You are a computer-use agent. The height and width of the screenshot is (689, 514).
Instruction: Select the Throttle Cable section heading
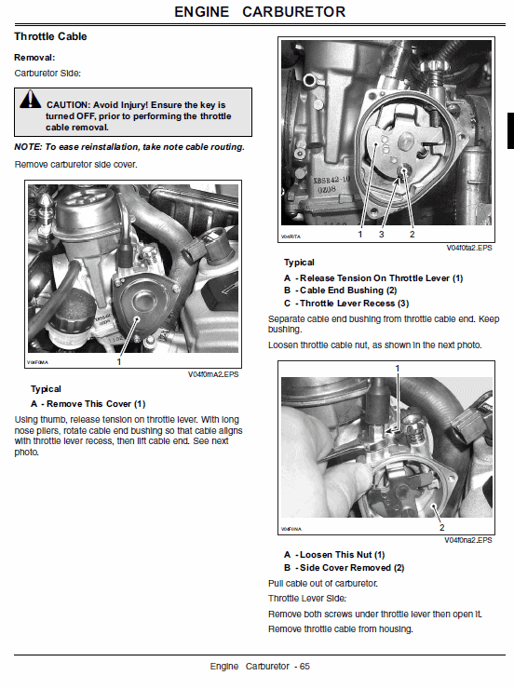point(51,36)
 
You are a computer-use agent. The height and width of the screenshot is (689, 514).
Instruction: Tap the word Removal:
point(34,58)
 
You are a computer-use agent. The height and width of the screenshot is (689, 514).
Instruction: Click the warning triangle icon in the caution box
point(31,105)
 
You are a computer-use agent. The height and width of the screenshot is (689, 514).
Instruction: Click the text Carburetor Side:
point(47,72)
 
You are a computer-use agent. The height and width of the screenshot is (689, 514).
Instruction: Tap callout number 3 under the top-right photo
point(381,235)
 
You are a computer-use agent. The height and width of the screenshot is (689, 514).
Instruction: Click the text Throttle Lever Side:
point(306,598)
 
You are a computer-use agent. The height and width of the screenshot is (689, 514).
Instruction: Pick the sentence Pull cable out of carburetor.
point(321,583)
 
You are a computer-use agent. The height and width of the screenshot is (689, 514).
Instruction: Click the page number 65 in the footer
point(304,667)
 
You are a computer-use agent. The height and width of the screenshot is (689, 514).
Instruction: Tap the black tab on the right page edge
point(509,130)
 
